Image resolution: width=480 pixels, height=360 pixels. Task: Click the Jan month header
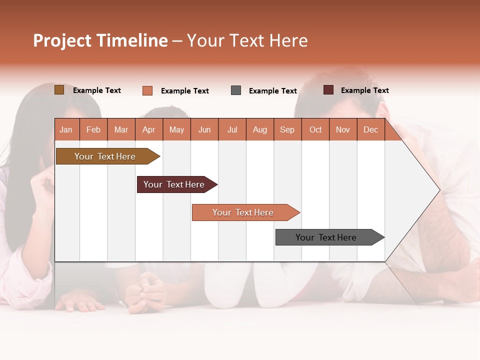pyautogui.click(x=66, y=129)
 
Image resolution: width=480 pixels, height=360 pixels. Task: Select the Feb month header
pyautogui.click(x=93, y=129)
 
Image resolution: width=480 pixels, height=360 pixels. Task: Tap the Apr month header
pyautogui.click(x=149, y=129)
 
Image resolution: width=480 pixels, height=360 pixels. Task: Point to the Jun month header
pyautogui.click(x=204, y=129)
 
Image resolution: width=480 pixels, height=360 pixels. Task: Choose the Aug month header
pyautogui.click(x=260, y=129)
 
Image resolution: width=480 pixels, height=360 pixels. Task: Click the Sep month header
pyautogui.click(x=287, y=129)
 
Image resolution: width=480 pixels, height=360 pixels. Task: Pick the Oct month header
pyautogui.click(x=315, y=129)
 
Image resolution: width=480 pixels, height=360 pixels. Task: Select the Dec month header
pyautogui.click(x=371, y=129)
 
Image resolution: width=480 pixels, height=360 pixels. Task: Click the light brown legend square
pyautogui.click(x=59, y=90)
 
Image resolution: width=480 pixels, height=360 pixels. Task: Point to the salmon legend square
pyautogui.click(x=147, y=90)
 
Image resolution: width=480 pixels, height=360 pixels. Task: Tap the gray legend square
pyautogui.click(x=236, y=90)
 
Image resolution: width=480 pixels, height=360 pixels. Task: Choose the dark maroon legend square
pyautogui.click(x=328, y=90)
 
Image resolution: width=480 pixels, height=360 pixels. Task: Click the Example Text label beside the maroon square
pyautogui.click(x=364, y=90)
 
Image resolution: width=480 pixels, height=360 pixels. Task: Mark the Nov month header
pyautogui.click(x=343, y=129)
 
